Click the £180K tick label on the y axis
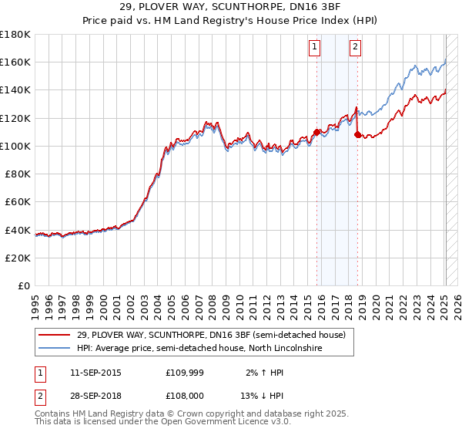[15, 34]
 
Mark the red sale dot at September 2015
[316, 132]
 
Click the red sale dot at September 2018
[357, 134]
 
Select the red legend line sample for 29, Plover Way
[55, 336]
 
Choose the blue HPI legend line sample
[55, 349]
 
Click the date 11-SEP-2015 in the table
[95, 373]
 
